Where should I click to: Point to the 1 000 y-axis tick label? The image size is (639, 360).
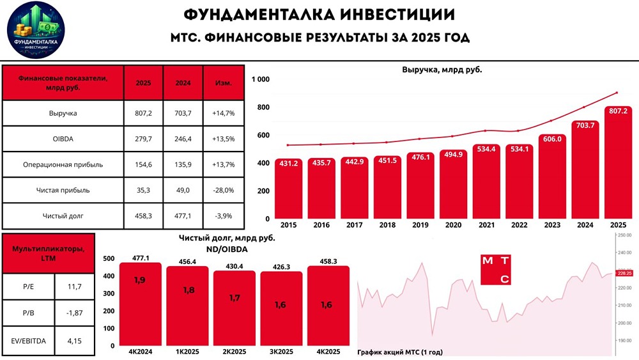(261, 79)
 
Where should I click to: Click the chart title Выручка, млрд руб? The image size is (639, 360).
(442, 69)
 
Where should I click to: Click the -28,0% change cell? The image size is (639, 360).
(224, 189)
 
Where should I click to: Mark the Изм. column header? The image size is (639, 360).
(224, 82)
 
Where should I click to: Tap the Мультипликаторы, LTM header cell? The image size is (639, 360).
(48, 253)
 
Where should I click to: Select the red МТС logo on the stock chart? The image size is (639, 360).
(496, 269)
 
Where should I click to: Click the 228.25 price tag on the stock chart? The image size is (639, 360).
(624, 273)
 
